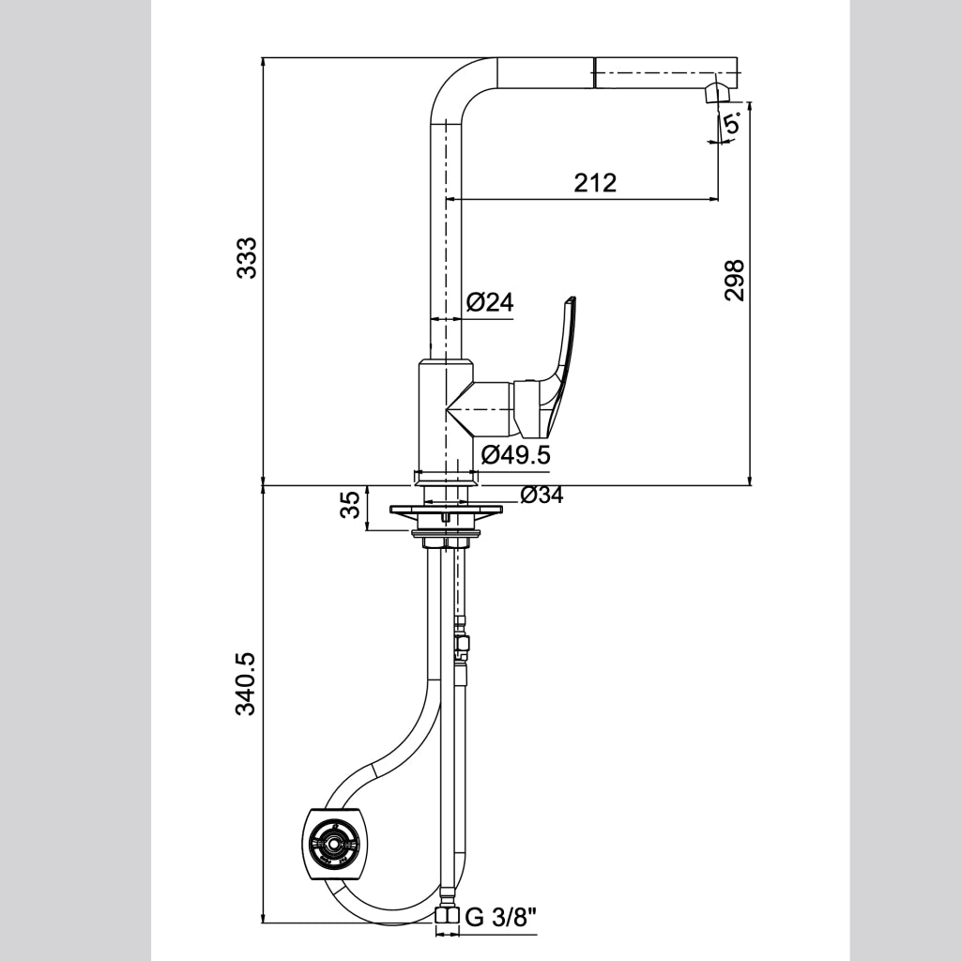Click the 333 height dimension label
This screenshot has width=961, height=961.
click(247, 257)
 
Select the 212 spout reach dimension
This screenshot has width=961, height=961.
click(595, 183)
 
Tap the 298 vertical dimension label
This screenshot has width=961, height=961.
click(734, 280)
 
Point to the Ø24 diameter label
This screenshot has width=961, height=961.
click(490, 302)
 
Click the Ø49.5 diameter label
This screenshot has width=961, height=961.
click(516, 455)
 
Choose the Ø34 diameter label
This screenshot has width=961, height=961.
click(542, 496)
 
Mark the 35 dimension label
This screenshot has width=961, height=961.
click(351, 504)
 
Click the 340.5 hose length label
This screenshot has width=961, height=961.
click(247, 684)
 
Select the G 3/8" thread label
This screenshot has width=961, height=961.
click(502, 918)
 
